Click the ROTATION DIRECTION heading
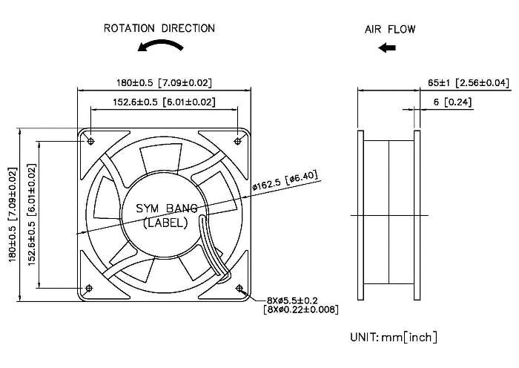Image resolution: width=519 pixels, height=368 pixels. click(159, 29)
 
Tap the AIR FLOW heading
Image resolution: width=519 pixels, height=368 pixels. click(390, 30)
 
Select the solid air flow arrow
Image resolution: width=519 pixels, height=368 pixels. click(386, 48)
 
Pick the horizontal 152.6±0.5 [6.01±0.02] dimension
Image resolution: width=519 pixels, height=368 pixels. click(164, 102)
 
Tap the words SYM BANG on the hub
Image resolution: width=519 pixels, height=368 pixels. click(165, 209)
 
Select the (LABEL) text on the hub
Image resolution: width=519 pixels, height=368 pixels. click(165, 223)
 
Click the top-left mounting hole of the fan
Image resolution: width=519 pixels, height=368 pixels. click(90, 139)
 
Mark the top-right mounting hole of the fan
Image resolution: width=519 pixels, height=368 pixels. click(238, 139)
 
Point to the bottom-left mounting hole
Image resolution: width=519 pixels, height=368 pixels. click(90, 288)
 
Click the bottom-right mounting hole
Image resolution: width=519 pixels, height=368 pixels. click(239, 288)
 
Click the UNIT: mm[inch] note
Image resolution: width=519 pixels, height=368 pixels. click(393, 338)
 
